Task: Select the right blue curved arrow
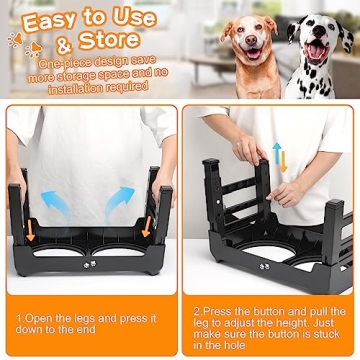pyautogui.click(x=119, y=196)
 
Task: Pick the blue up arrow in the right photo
pyautogui.click(x=277, y=151)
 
